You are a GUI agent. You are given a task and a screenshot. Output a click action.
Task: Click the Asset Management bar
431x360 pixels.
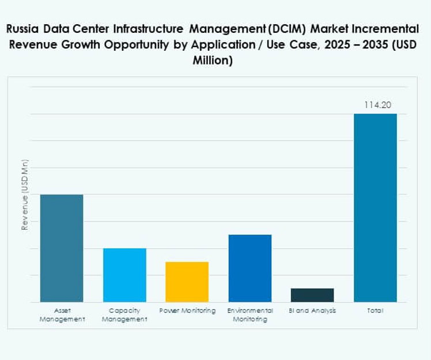62,248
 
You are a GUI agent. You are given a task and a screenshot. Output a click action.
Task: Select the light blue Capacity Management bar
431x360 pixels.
124,275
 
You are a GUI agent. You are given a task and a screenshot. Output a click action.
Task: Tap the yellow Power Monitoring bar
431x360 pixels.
187,282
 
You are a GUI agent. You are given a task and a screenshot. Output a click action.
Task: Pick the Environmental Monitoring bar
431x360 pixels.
249,268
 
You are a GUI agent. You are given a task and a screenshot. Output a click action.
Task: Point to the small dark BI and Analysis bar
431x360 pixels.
312,295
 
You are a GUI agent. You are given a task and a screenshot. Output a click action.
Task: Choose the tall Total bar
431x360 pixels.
375,207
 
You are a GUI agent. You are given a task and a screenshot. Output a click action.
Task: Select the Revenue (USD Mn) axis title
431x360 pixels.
25,195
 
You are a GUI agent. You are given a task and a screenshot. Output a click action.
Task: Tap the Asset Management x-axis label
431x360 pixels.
62,314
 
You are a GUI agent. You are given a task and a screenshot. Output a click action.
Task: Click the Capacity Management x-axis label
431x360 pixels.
124,314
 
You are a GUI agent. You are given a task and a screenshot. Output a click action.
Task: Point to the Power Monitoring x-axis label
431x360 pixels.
187,311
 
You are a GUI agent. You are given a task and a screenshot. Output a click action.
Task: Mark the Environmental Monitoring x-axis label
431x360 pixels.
250,314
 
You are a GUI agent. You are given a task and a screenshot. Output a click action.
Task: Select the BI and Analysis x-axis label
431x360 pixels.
312,311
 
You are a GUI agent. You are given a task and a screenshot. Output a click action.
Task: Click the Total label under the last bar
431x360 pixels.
375,311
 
